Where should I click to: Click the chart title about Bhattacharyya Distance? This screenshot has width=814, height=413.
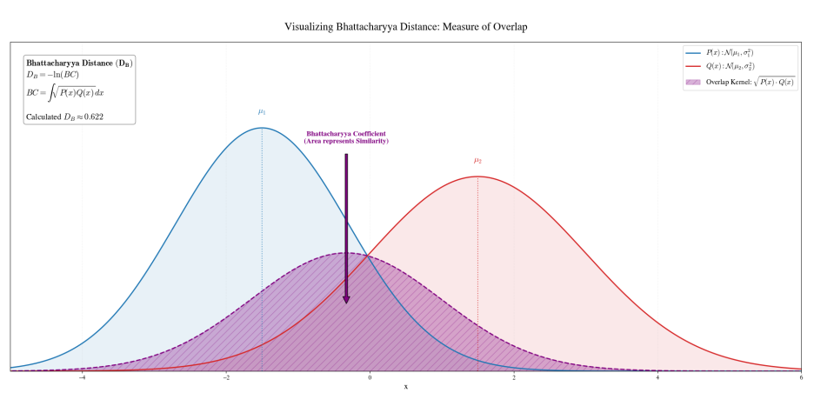click(405, 26)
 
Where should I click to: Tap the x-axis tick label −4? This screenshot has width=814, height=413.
click(82, 377)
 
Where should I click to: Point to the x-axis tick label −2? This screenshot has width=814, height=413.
click(226, 377)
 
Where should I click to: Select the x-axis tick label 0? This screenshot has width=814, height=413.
click(370, 377)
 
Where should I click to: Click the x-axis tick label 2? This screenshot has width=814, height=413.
click(514, 377)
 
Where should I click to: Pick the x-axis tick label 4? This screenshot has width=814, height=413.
click(657, 377)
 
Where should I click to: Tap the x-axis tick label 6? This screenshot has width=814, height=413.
click(802, 377)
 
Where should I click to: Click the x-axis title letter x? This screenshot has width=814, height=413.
click(406, 387)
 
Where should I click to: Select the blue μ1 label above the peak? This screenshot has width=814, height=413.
click(262, 112)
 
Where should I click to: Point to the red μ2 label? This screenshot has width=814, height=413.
click(477, 161)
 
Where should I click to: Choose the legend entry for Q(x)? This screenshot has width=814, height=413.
click(720, 66)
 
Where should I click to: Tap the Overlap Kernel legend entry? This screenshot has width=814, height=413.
click(740, 82)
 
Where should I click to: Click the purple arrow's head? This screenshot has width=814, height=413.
click(346, 300)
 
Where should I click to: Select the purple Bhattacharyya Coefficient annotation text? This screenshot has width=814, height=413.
click(346, 137)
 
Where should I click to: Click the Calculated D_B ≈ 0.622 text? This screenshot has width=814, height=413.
click(65, 117)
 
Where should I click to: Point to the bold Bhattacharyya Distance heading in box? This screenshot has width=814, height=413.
click(79, 63)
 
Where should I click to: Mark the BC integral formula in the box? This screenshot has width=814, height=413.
click(65, 93)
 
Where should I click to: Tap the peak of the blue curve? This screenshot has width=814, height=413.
click(262, 128)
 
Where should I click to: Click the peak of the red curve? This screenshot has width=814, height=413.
click(477, 177)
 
